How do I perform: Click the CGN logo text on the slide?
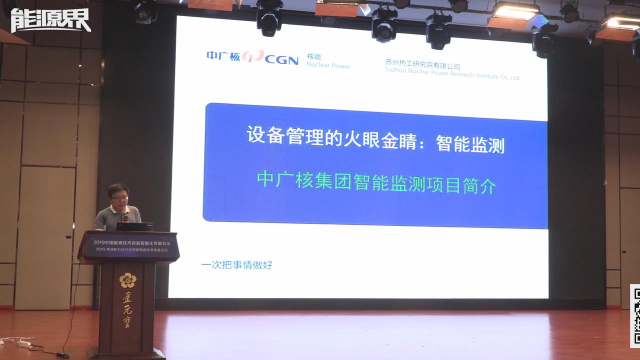pyautogui.click(x=281, y=60)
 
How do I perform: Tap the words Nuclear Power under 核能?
pyautogui.click(x=328, y=66)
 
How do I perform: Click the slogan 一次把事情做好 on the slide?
pyautogui.click(x=236, y=265)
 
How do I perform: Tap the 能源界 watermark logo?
pyautogui.click(x=50, y=20)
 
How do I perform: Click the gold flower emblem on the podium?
pyautogui.click(x=127, y=280)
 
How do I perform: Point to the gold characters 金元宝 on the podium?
pyautogui.click(x=127, y=312)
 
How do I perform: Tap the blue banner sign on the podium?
pyautogui.click(x=129, y=246)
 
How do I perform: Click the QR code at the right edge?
pyautogui.click(x=635, y=316)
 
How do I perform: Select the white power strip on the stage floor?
pyautogui.click(x=24, y=343)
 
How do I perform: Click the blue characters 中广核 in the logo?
pyautogui.click(x=223, y=56)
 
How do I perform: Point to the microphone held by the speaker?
pyautogui.click(x=125, y=218)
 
